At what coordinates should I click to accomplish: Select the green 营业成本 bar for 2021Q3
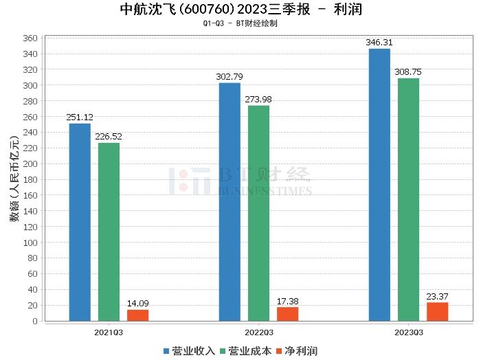tap(109, 232)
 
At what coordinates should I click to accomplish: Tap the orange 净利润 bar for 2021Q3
tap(137, 315)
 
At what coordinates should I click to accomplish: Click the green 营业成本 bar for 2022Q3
tap(258, 213)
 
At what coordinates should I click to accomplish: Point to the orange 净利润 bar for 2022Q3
tap(287, 314)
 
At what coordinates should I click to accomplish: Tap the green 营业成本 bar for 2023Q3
tap(408, 199)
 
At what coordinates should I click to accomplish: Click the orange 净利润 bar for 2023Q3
tap(437, 312)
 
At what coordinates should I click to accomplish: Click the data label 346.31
tap(379, 43)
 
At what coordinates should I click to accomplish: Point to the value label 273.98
tap(258, 100)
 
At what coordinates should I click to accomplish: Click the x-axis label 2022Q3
tap(258, 332)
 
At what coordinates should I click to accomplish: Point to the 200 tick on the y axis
tap(29, 164)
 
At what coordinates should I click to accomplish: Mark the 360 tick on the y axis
tap(29, 38)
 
